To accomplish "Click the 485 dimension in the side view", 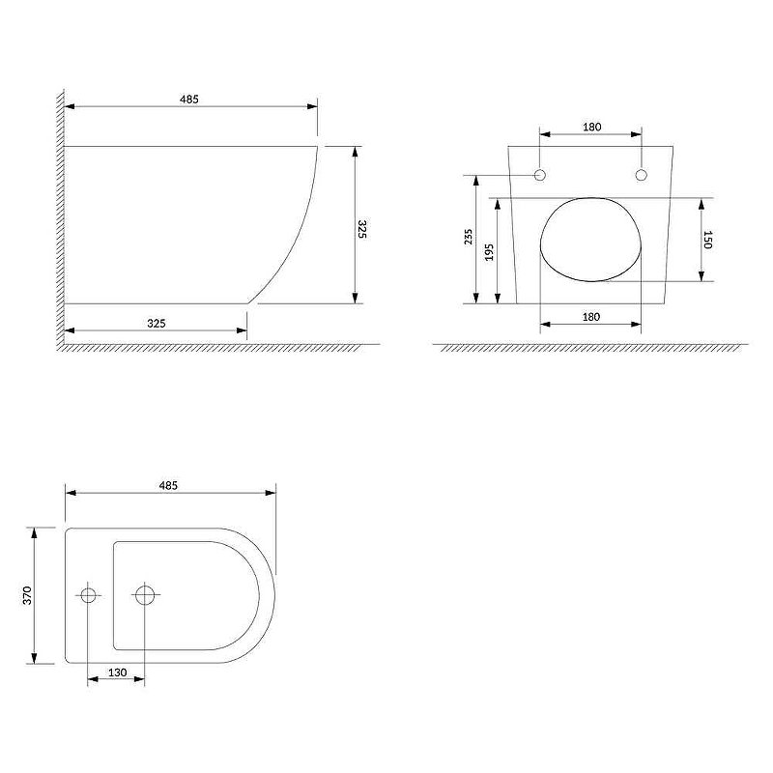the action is [x=188, y=100].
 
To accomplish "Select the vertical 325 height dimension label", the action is [x=361, y=229].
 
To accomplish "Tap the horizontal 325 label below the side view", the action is [x=157, y=324].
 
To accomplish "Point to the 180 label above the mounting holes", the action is [x=591, y=127].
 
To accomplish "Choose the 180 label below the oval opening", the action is [x=591, y=317].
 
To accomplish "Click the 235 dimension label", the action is [x=469, y=237].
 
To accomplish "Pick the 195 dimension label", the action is [x=489, y=252].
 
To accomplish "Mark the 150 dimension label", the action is [x=707, y=240].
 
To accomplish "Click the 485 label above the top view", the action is [x=168, y=485].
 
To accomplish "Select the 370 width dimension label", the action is [x=27, y=595].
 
